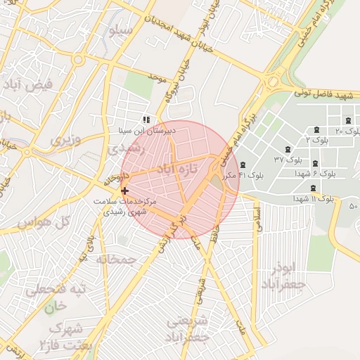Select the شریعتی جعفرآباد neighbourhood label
click(x=189, y=330)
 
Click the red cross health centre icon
click(x=125, y=191)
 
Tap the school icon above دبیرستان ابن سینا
click(x=146, y=120)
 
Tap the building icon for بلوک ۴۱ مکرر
click(x=243, y=165)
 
